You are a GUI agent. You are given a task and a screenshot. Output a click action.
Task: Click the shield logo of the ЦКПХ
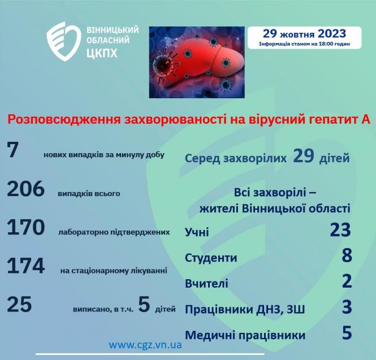[64, 41]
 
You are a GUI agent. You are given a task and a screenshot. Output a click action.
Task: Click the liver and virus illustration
[198, 61]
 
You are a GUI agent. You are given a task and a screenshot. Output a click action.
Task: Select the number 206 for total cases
[25, 189]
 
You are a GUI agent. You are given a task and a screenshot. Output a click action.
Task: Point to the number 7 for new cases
[13, 150]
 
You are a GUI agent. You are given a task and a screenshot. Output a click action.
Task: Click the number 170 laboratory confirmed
[25, 227]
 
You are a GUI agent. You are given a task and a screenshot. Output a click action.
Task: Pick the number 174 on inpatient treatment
[25, 266]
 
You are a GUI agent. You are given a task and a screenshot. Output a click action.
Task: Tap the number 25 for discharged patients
[19, 305]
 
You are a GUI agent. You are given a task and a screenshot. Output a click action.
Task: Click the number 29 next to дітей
[304, 156]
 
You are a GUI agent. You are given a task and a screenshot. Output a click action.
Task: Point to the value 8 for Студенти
[347, 256]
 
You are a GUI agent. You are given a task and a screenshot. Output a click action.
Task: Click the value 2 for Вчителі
[347, 281]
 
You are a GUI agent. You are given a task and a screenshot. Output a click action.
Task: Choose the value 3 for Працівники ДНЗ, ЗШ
[347, 307]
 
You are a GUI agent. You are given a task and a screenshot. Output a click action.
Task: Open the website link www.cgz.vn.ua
[145, 344]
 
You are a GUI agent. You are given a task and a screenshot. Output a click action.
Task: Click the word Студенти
[211, 258]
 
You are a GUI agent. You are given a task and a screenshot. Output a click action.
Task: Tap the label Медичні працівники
[245, 335]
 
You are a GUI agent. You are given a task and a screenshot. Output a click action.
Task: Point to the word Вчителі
[206, 283]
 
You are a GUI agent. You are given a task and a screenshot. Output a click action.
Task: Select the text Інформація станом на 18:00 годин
[304, 44]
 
